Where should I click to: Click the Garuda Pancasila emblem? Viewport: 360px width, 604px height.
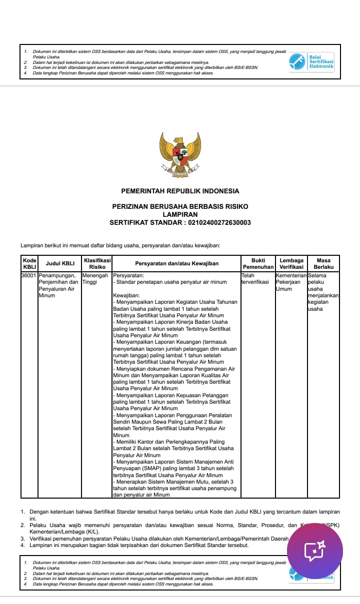180,154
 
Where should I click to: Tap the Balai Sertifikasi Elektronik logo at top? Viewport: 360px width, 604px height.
311,62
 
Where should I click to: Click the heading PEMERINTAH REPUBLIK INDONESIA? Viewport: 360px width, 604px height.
180,191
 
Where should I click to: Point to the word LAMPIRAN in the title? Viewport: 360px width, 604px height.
180,214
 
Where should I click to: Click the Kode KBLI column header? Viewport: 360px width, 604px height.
29,263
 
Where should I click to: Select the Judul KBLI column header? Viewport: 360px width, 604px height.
60,263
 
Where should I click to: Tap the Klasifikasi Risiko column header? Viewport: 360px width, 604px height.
97,263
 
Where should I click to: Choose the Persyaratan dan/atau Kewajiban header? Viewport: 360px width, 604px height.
176,263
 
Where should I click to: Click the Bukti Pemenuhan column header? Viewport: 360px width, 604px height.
258,263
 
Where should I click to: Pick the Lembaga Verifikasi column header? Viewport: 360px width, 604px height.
291,263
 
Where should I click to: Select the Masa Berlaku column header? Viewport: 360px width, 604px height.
323,263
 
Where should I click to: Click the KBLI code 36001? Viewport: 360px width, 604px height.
29,275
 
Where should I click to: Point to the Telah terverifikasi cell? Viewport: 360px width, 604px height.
255,279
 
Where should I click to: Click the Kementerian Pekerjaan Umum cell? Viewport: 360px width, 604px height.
291,282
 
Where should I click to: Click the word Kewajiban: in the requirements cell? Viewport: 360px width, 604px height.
126,295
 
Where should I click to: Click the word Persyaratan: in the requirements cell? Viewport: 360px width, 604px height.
129,275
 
